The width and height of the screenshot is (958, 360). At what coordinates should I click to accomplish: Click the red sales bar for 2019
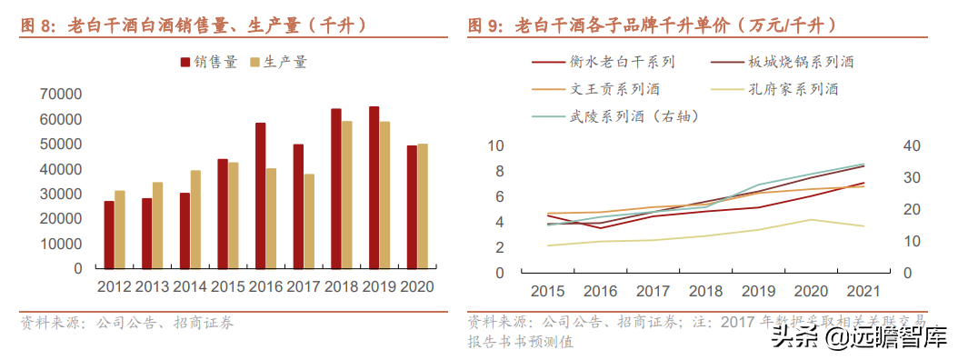coord(374,187)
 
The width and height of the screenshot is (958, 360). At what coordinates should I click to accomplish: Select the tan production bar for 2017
coord(310,221)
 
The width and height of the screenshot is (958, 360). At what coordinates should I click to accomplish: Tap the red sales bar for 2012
coord(109,235)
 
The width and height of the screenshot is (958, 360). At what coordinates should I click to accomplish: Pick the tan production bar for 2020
coord(423,206)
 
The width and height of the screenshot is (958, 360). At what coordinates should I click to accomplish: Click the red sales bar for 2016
coord(260,195)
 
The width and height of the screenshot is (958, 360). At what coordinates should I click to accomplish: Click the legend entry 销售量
coord(209,63)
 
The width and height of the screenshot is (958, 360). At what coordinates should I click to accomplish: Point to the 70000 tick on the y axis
coord(61,95)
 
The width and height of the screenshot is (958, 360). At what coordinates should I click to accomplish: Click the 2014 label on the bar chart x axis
coord(191,285)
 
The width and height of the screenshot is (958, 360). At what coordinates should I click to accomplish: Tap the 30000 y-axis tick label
coord(61,195)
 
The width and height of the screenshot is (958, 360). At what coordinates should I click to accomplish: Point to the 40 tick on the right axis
coord(912,146)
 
